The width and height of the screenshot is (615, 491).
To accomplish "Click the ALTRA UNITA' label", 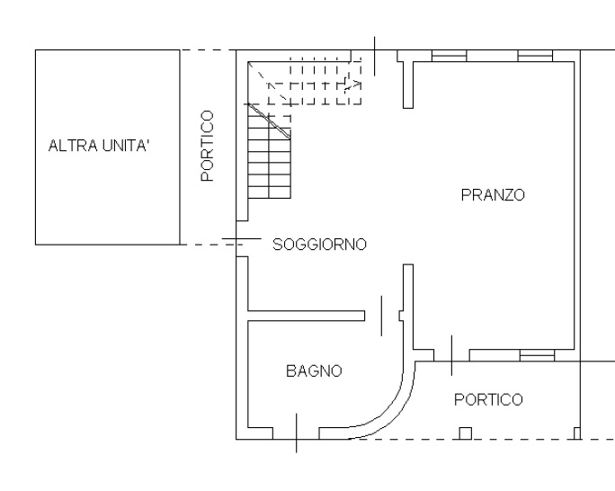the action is tap(99, 146).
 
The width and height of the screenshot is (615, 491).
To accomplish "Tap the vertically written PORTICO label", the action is tap(208, 146).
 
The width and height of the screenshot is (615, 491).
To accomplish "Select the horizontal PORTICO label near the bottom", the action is tap(488, 399).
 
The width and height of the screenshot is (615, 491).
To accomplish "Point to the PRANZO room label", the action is tap(493, 195).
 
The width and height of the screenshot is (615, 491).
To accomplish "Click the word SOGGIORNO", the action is tap(319, 245).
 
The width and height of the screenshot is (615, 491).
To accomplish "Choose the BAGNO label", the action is tap(314, 371).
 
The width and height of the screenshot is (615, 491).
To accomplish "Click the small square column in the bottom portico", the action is tap(465, 433).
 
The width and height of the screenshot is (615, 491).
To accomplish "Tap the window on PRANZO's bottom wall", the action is tap(537, 355).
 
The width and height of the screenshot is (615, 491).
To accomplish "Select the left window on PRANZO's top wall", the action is tap(449, 56).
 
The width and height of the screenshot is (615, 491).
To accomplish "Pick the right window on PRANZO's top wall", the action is tap(535, 56).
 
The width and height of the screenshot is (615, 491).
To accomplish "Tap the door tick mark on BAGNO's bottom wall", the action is tap(296, 433).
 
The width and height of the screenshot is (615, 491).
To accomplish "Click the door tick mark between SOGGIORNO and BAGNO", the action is tap(381, 316).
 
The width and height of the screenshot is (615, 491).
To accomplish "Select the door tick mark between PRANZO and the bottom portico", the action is tap(451, 355).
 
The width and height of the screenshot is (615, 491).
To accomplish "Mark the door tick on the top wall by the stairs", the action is tap(375, 56).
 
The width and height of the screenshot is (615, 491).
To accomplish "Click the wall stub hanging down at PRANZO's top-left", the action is tap(408, 85).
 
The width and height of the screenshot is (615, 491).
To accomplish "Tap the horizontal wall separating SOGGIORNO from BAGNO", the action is tap(307, 316).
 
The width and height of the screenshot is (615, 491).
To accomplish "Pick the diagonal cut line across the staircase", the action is tap(270, 121).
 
